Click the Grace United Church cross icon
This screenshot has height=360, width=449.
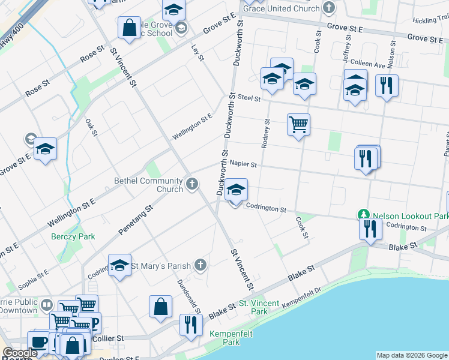[x=328, y=8]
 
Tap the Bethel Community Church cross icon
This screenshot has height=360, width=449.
[x=192, y=184]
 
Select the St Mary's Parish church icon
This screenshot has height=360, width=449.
[x=200, y=265]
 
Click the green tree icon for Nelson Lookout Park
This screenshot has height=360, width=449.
[x=363, y=214]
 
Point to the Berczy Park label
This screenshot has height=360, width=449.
[x=73, y=236]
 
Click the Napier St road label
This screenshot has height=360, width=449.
[x=243, y=164]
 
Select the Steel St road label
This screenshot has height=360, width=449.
[x=248, y=97]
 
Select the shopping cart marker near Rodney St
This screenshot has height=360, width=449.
[x=298, y=125]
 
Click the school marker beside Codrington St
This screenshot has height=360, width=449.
[x=237, y=191]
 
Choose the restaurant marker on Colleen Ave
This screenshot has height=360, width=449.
[x=387, y=85]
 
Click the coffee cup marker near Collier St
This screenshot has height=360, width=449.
[x=40, y=342]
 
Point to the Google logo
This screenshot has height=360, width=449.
[x=20, y=353]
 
